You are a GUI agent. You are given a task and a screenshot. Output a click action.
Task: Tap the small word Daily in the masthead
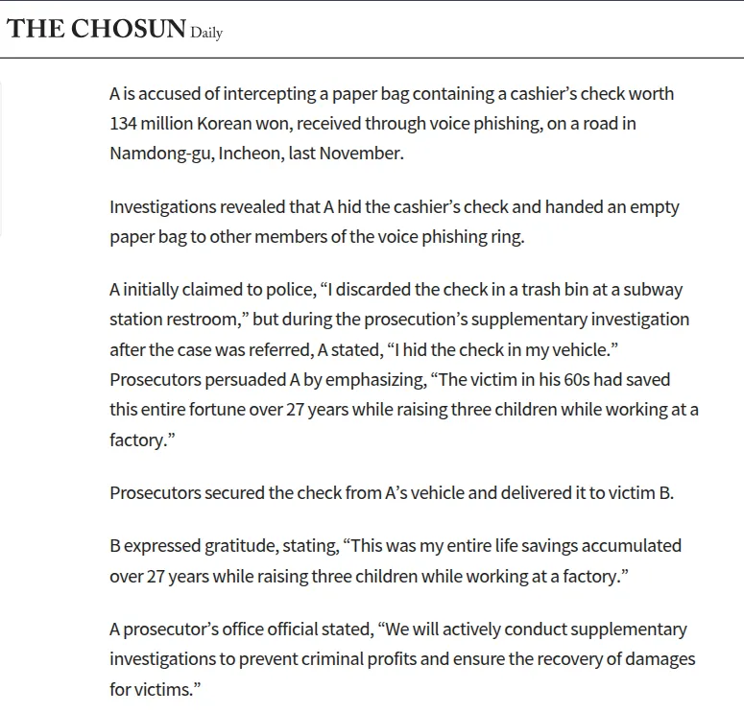[206, 33]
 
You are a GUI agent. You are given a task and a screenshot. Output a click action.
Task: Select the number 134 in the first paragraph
[124, 124]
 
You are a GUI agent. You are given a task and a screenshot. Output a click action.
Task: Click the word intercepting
[244, 94]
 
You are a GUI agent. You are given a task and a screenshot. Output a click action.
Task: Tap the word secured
[226, 493]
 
